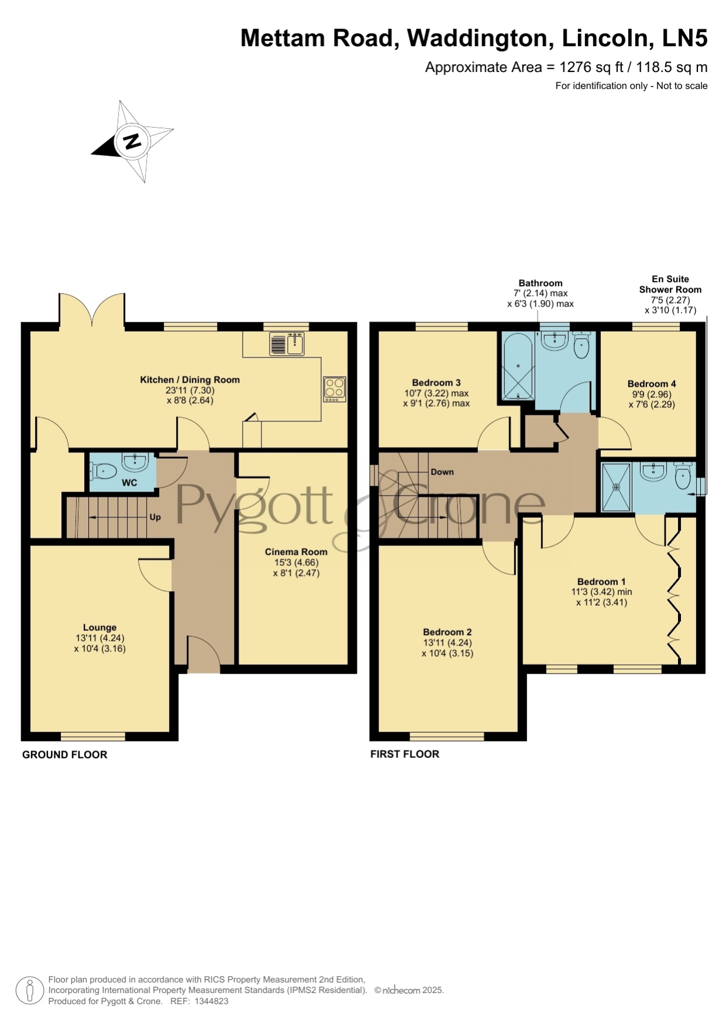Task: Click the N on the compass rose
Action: click(132, 141)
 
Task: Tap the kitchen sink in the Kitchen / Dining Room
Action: click(287, 344)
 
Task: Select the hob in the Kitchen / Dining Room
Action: click(335, 389)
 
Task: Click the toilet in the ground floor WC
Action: click(104, 470)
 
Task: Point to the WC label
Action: click(129, 483)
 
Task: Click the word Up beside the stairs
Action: click(155, 517)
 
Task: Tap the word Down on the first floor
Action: click(442, 472)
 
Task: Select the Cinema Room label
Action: click(296, 552)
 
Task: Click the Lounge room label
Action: click(99, 627)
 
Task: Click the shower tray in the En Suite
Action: click(616, 487)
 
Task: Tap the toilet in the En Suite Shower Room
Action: click(683, 476)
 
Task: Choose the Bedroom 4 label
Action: click(652, 384)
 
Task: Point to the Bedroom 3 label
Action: click(436, 383)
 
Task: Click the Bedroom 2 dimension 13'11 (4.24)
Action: click(448, 643)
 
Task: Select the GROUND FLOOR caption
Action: click(65, 755)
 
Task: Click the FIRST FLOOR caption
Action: click(405, 754)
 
